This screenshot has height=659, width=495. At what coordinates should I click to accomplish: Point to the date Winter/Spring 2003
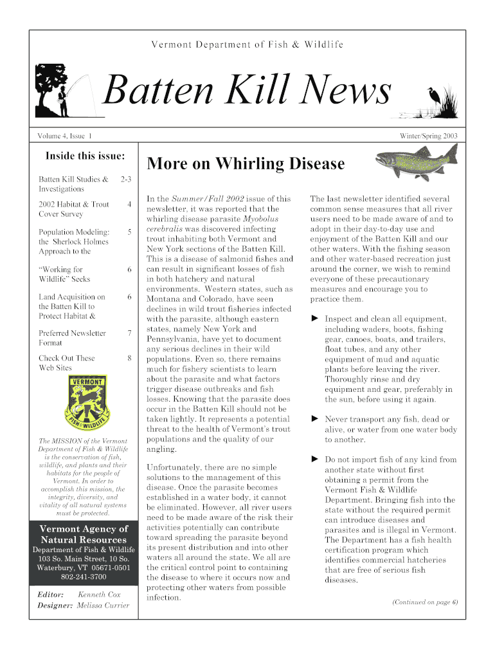click(x=428, y=136)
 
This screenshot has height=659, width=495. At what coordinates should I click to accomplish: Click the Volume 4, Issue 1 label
click(x=64, y=136)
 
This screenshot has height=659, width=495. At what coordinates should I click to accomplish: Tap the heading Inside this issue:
click(x=85, y=156)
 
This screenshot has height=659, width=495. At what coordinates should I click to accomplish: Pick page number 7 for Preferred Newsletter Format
click(x=129, y=333)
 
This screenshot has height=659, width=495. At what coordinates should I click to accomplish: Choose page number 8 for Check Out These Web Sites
click(x=129, y=358)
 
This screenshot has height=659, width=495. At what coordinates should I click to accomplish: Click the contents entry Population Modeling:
click(x=73, y=232)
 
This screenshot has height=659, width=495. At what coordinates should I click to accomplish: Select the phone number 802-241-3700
click(x=84, y=577)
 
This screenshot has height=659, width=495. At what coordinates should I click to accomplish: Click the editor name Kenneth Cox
click(x=99, y=595)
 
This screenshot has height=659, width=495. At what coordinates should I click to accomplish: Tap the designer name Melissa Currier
click(x=103, y=606)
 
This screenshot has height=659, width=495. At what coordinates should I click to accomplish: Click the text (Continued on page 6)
click(x=424, y=602)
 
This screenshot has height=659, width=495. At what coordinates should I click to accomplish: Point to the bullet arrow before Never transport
click(x=315, y=418)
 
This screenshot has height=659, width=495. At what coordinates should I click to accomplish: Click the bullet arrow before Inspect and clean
click(x=315, y=319)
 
